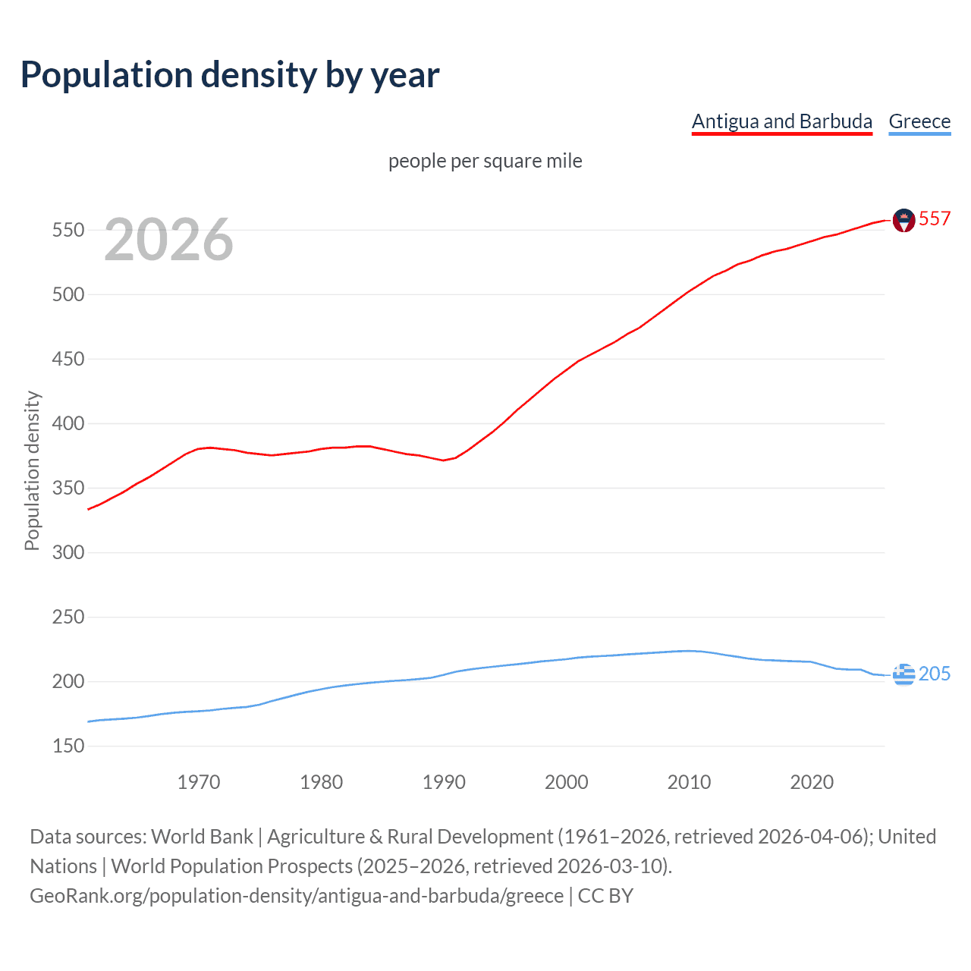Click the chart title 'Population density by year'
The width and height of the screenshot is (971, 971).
tap(230, 75)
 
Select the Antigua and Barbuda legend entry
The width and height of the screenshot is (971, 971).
tap(781, 121)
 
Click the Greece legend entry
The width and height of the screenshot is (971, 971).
tap(919, 121)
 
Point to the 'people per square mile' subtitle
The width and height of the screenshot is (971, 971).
tap(485, 161)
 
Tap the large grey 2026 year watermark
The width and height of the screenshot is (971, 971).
tap(168, 240)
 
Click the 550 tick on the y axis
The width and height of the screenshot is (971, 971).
tap(68, 230)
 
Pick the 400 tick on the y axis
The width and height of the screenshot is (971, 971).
tap(68, 423)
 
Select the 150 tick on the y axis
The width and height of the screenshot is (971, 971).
tap(68, 746)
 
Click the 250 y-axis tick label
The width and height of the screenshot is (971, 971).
tap(68, 617)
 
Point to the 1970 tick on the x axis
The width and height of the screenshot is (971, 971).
tap(199, 782)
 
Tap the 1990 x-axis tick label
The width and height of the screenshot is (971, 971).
tap(444, 782)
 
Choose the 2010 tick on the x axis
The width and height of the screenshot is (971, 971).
tap(689, 782)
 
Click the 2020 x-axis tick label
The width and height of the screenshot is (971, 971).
tap(812, 782)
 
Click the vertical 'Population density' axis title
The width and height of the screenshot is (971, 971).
tap(32, 470)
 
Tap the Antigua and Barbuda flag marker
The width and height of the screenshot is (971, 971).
tap(903, 220)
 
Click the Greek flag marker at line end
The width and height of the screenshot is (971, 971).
tap(903, 674)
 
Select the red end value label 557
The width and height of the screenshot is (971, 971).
tap(935, 218)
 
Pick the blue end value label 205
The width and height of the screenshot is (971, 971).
tap(935, 674)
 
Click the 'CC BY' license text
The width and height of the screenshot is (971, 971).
tap(605, 895)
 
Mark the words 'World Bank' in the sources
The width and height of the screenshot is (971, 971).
tap(202, 836)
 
